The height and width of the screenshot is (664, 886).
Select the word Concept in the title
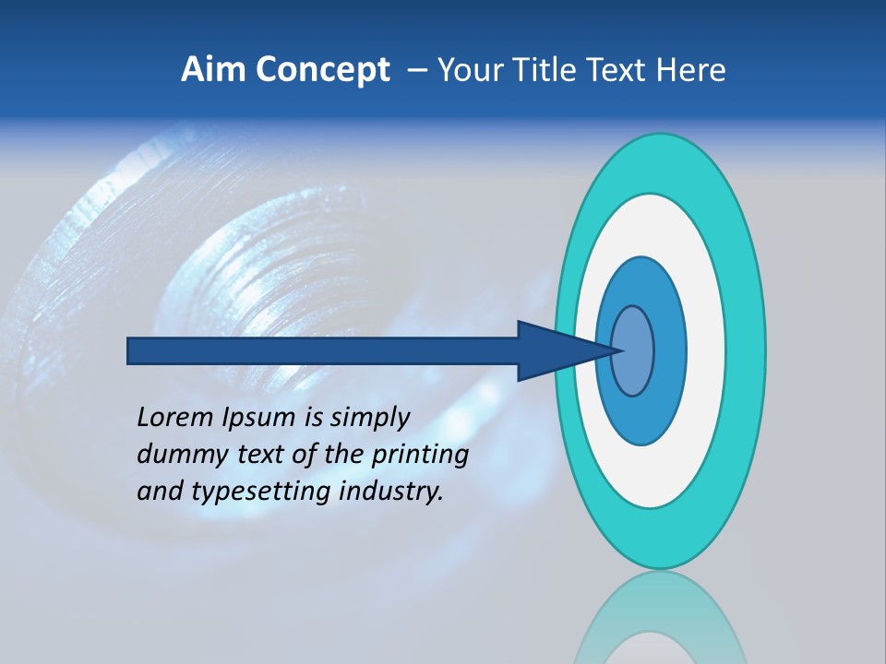point(323,70)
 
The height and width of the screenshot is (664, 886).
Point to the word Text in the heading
point(622,70)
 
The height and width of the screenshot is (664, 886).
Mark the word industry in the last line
point(390,492)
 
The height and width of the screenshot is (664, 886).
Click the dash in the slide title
point(416,71)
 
